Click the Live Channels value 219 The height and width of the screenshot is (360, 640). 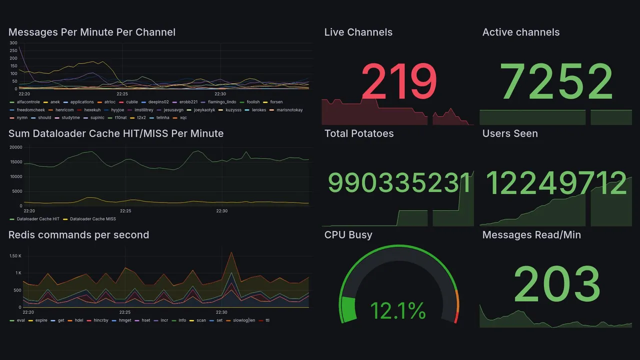tap(398, 81)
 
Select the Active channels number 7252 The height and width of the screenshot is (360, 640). tap(556, 81)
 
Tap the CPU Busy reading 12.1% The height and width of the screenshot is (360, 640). tap(398, 311)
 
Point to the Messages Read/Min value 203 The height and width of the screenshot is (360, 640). tap(556, 284)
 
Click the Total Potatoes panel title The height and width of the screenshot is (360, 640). tap(358, 133)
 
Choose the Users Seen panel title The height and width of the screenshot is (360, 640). tap(509, 133)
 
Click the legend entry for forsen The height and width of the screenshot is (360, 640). tap(276, 102)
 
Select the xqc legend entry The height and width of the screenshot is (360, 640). tap(183, 118)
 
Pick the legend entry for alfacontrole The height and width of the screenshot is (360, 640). tap(28, 102)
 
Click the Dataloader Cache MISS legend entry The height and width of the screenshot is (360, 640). tap(92, 219)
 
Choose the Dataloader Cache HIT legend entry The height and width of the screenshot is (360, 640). tap(38, 219)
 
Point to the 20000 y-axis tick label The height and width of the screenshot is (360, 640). tap(15, 147)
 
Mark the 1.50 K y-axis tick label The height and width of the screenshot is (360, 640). tap(15, 256)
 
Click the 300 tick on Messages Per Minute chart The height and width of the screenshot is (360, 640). tap(13, 43)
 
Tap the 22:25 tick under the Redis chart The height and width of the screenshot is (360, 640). tap(125, 312)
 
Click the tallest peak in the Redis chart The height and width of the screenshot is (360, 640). tap(231, 252)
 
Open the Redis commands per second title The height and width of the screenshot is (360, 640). tap(78, 235)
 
